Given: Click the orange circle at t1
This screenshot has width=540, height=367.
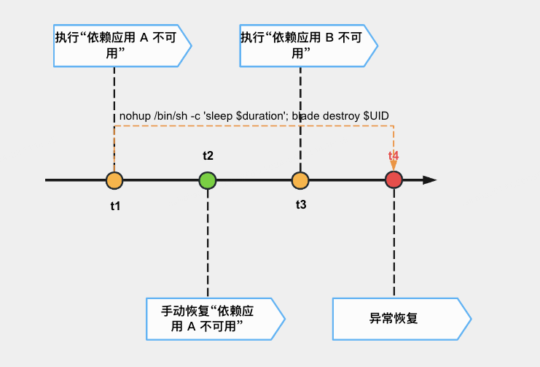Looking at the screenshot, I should (114, 180).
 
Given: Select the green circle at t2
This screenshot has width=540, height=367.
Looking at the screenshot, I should (208, 180).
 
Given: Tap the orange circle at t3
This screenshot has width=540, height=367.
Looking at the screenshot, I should (300, 180).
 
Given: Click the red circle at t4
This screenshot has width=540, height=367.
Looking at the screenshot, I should (394, 180).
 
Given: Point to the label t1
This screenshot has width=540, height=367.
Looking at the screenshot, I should (115, 206).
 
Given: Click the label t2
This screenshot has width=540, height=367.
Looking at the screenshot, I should (208, 155).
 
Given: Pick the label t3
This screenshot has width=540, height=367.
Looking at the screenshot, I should (301, 204).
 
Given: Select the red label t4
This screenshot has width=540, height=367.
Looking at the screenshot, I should (394, 156).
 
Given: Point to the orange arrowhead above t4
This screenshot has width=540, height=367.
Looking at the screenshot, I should (394, 167).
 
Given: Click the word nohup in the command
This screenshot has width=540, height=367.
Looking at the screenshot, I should (135, 117).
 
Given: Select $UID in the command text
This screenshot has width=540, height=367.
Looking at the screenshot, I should (378, 117).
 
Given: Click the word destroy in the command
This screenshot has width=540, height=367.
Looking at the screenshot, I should (341, 117).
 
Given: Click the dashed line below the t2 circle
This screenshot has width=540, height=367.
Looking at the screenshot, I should (208, 241).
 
